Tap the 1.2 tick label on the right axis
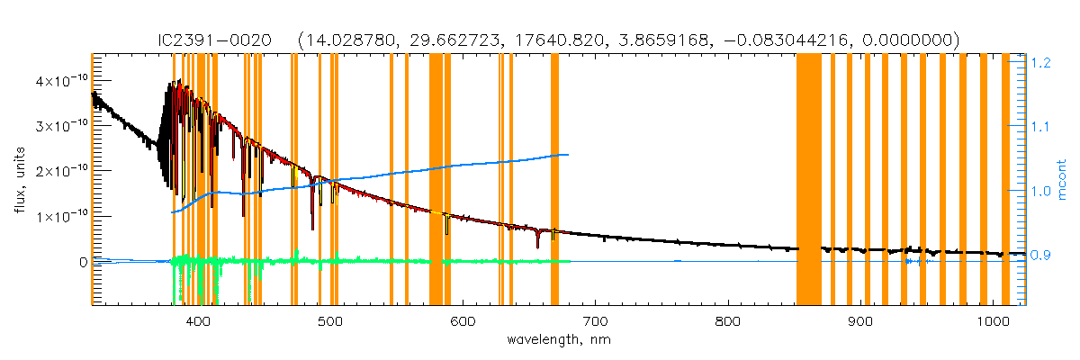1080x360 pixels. (x=1042, y=63)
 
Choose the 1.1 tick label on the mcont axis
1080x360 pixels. (x=1042, y=127)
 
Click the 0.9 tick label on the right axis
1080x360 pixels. (x=1042, y=256)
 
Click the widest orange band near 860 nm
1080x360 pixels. (x=808, y=180)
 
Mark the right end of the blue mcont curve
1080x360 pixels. (x=568, y=155)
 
